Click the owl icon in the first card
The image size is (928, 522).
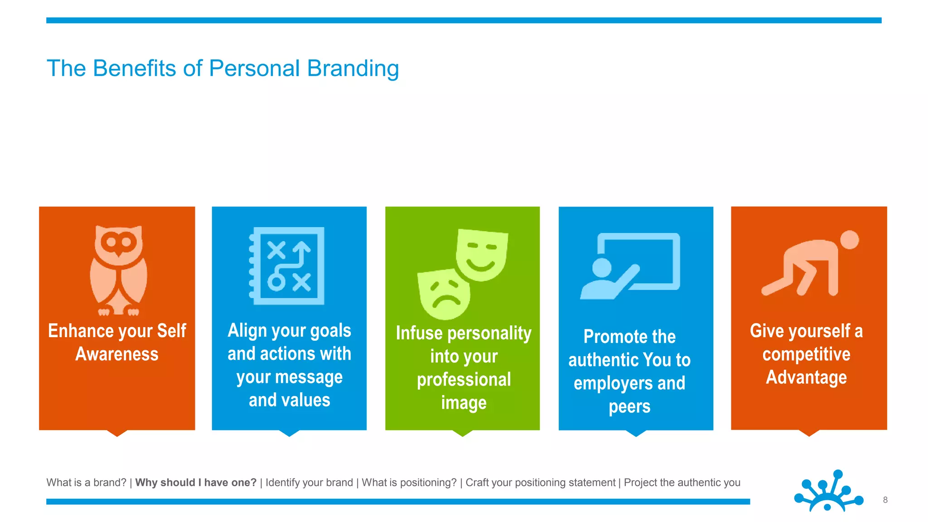pyautogui.click(x=119, y=270)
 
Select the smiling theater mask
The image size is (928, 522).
pyautogui.click(x=482, y=255)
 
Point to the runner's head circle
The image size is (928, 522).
pyautogui.click(x=849, y=240)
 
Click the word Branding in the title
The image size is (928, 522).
pyautogui.click(x=353, y=68)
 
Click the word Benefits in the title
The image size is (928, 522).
pyautogui.click(x=135, y=68)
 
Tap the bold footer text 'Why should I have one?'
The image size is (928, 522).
pyautogui.click(x=196, y=483)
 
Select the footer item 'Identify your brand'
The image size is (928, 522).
pyautogui.click(x=309, y=483)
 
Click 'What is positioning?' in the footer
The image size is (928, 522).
pyautogui.click(x=409, y=483)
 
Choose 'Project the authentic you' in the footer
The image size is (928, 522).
pyautogui.click(x=682, y=483)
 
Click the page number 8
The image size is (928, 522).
pyautogui.click(x=885, y=500)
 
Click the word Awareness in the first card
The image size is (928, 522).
pyautogui.click(x=117, y=354)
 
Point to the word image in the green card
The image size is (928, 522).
pyautogui.click(x=464, y=403)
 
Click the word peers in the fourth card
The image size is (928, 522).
pyautogui.click(x=629, y=407)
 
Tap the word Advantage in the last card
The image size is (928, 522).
pyautogui.click(x=806, y=377)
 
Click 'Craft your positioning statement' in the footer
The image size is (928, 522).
pyautogui.click(x=540, y=483)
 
